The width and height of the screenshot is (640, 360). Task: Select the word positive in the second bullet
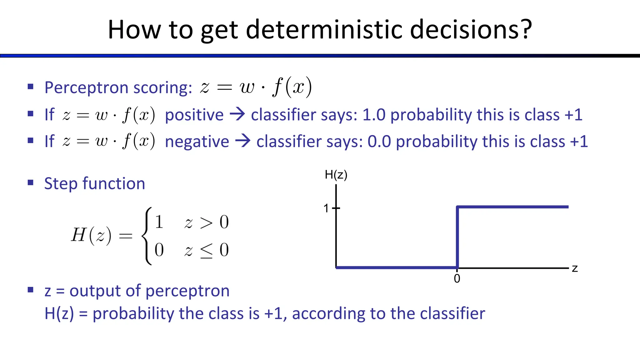[194, 115]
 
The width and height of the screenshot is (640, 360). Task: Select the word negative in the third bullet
[197, 142]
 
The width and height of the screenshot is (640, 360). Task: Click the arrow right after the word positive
[237, 114]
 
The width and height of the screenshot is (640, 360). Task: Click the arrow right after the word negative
[243, 141]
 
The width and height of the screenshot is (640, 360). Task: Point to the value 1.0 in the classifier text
[374, 115]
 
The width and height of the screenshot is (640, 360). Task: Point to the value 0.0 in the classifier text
[379, 142]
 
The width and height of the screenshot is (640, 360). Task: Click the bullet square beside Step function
[30, 182]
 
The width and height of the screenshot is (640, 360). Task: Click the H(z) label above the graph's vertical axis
[336, 175]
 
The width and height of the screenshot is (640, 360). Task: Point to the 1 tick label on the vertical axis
[326, 208]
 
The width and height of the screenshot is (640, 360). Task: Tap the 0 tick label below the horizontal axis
[457, 278]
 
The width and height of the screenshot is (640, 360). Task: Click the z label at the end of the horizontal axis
[575, 268]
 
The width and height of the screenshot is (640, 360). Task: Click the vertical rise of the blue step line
[457, 237]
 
